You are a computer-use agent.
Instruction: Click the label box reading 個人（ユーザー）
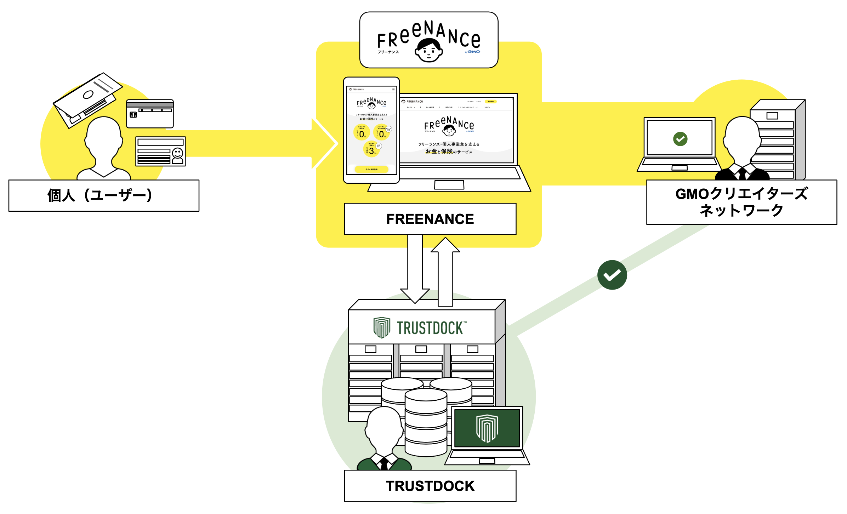(104, 195)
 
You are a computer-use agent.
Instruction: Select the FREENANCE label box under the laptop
(430, 219)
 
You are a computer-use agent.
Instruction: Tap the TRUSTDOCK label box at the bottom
(430, 486)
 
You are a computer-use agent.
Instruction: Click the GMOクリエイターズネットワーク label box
(741, 202)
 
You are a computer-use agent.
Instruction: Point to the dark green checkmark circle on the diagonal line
(612, 275)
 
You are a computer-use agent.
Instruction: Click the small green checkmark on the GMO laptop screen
(680, 139)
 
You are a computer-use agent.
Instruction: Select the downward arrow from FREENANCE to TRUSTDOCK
(415, 269)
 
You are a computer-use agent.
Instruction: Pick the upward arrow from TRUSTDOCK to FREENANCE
(445, 271)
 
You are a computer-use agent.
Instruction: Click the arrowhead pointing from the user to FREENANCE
(324, 143)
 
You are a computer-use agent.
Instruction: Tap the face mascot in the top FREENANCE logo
(428, 50)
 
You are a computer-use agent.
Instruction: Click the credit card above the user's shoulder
(150, 114)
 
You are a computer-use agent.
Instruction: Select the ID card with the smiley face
(160, 152)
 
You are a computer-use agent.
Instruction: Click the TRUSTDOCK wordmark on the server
(430, 328)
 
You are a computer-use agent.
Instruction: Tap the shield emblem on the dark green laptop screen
(487, 428)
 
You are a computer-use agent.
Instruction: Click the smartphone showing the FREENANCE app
(371, 130)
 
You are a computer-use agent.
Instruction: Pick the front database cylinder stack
(426, 423)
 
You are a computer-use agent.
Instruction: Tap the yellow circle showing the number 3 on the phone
(371, 150)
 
